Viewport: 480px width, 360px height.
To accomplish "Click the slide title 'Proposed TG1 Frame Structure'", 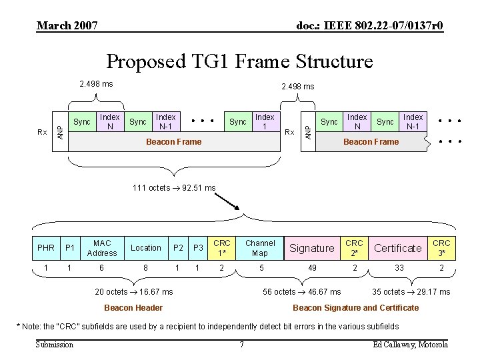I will tap(240, 61).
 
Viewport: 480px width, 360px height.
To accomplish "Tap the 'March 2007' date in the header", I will tap(67, 25).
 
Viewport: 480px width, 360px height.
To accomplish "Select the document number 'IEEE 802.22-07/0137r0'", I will tap(369, 25).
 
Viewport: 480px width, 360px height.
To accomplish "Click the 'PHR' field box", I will tap(46, 248).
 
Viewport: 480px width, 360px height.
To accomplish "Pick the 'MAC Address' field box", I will tap(102, 248).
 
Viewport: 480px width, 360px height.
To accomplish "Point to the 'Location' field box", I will tap(146, 248).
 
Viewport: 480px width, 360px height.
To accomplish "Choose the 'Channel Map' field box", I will tap(260, 248).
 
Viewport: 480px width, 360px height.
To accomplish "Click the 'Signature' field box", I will tap(312, 248).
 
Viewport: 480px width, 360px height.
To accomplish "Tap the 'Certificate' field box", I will tap(398, 248).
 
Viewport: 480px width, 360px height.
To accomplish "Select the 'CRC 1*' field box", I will tap(222, 248).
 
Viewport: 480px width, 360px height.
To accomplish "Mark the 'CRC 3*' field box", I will tap(441, 248).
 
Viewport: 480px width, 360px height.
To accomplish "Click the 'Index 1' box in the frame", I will tap(265, 121).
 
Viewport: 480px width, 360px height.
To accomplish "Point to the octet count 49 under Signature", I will tap(312, 267).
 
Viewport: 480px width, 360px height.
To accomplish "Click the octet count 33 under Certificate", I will tap(398, 267).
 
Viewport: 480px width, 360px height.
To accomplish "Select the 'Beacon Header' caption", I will tap(133, 307).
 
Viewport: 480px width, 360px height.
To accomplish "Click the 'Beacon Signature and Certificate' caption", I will tap(356, 307).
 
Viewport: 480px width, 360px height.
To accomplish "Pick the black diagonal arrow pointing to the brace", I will tap(229, 203).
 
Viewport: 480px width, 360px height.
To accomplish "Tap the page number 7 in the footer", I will tap(241, 345).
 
